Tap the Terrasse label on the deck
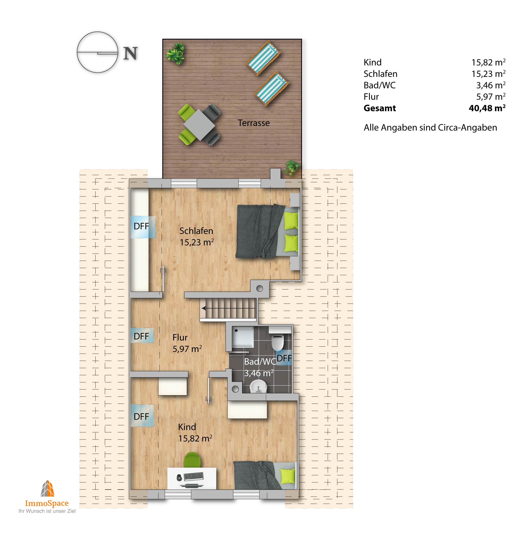[x=254, y=123]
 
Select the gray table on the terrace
[x=199, y=125]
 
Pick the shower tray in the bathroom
[x=243, y=337]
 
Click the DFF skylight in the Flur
[x=142, y=336]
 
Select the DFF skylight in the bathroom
[x=284, y=358]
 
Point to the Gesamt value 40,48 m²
[x=487, y=108]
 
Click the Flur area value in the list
[x=491, y=97]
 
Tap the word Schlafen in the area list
[x=380, y=74]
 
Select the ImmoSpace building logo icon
[x=48, y=488]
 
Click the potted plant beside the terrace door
[x=292, y=167]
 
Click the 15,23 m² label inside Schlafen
[x=197, y=242]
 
